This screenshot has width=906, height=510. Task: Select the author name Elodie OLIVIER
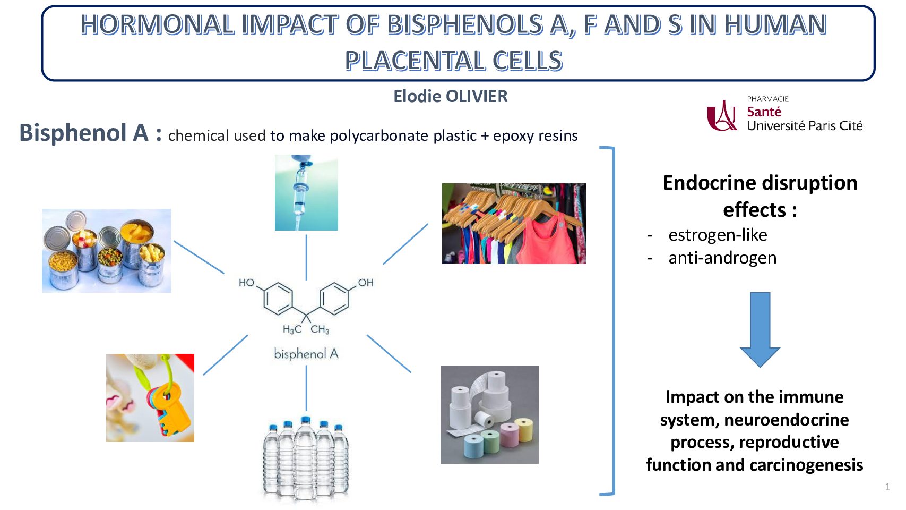(450, 96)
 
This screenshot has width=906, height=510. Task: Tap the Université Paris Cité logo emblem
(722, 115)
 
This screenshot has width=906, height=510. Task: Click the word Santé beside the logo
(764, 112)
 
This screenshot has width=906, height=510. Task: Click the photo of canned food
(106, 251)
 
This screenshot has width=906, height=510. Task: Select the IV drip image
(306, 193)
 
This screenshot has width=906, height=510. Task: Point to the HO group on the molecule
(246, 283)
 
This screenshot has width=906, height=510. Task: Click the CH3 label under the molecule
(320, 330)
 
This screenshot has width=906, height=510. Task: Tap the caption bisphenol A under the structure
(306, 354)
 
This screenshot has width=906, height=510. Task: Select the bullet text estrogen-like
(718, 235)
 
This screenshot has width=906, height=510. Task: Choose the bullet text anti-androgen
(722, 258)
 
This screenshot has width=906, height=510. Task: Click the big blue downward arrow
(760, 329)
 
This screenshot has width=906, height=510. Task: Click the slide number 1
(887, 487)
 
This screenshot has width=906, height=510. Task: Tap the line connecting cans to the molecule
(199, 257)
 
